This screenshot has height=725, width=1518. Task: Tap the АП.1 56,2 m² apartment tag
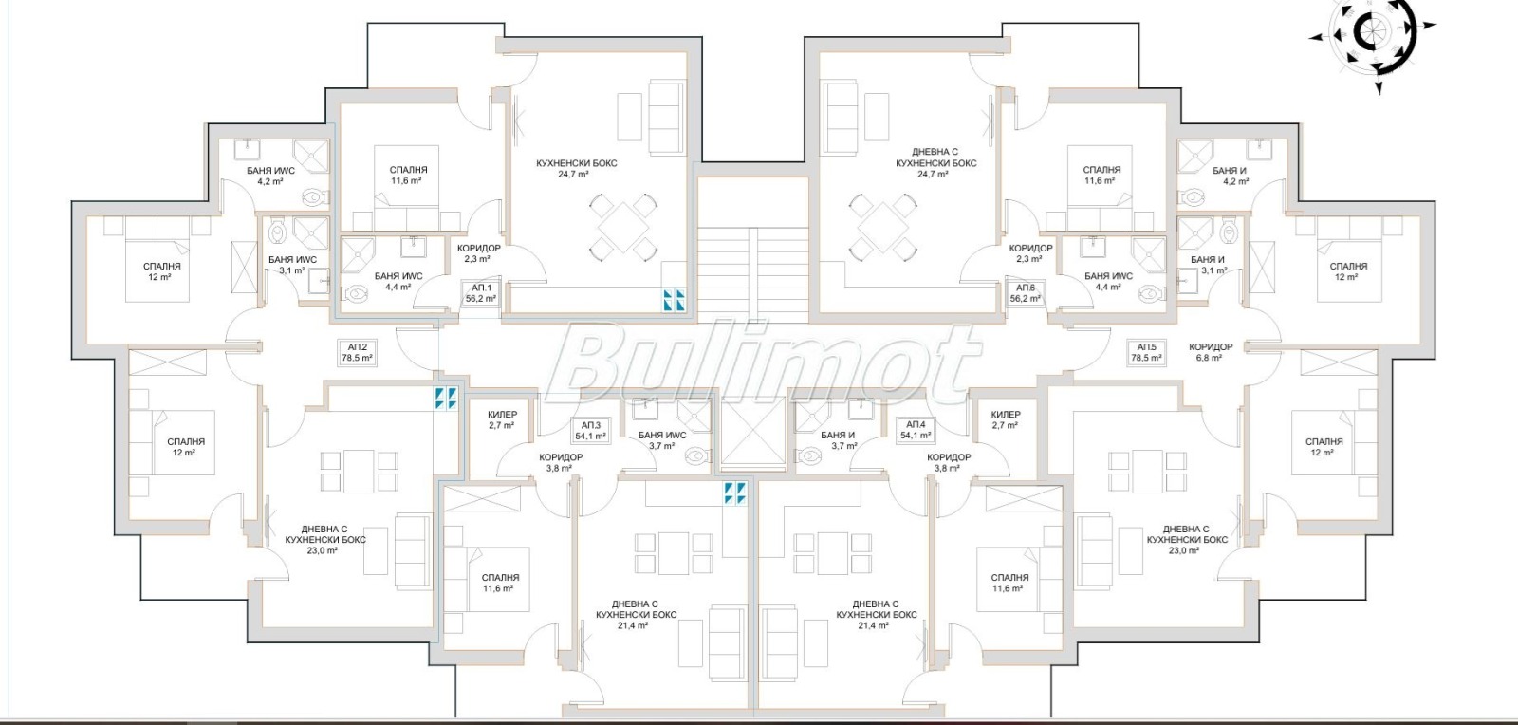point(481,292)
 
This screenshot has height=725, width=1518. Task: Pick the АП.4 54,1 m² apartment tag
point(916,431)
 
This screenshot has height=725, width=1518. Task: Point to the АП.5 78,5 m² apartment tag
point(1145,353)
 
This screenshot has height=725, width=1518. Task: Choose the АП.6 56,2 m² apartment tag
point(1026,292)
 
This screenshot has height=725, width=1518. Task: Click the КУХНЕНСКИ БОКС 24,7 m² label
point(576,169)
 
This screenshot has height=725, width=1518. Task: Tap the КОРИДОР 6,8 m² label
point(1211,353)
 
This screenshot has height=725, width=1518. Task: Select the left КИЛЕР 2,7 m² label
point(502,420)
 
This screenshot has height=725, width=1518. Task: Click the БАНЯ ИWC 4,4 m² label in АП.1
point(398,281)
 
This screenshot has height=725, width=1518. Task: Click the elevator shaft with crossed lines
point(753,433)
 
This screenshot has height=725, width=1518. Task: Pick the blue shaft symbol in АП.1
point(672,301)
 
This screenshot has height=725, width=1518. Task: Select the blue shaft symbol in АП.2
point(446,398)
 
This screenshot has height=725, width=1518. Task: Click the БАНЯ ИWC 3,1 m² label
point(292,265)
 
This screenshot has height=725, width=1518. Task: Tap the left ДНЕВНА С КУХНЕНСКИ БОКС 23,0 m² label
point(325,540)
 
